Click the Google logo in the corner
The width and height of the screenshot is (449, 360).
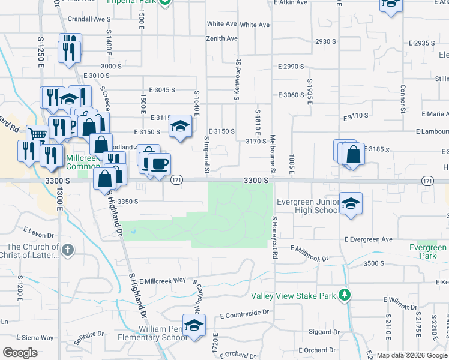pyautogui.click(x=19, y=353)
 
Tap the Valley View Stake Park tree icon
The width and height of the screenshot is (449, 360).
pyautogui.click(x=344, y=295)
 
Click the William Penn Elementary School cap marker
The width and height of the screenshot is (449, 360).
pyautogui.click(x=194, y=326)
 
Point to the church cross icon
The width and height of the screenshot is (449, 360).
pyautogui.click(x=68, y=250)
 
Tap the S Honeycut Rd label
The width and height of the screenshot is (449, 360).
pyautogui.click(x=274, y=230)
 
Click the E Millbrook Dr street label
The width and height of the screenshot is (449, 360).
pyautogui.click(x=310, y=253)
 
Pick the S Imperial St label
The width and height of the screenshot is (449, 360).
pyautogui.click(x=206, y=155)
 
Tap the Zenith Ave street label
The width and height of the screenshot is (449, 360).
pyautogui.click(x=222, y=38)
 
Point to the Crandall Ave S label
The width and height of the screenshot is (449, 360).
pyautogui.click(x=86, y=19)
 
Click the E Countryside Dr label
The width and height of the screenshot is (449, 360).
pyautogui.click(x=245, y=314)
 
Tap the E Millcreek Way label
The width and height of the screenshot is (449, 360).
pyautogui.click(x=163, y=281)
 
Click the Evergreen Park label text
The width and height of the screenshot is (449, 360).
pyautogui.click(x=428, y=251)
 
